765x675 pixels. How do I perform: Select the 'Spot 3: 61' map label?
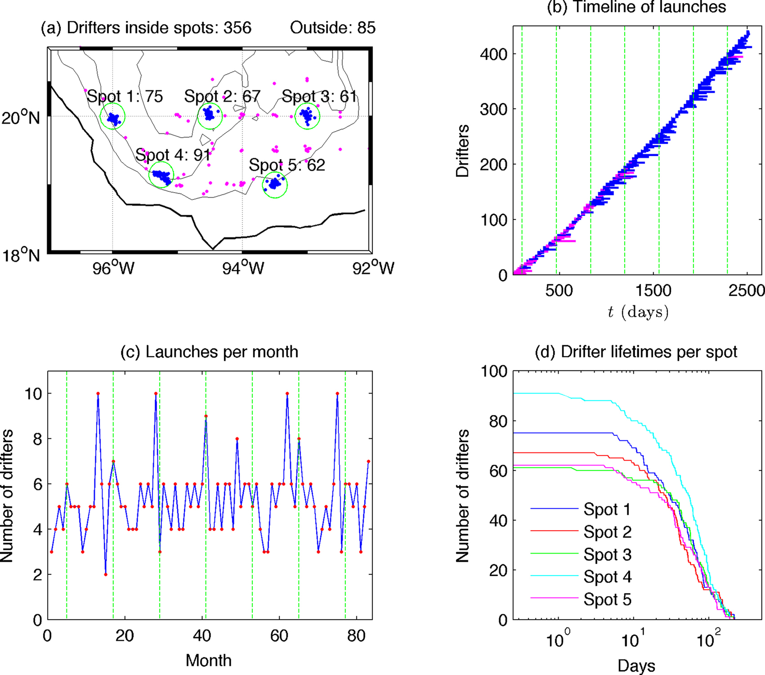[319, 97]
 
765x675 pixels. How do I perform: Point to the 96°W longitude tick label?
[113, 268]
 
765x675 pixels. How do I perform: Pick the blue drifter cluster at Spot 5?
[274, 183]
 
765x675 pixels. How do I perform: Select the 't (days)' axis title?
[638, 311]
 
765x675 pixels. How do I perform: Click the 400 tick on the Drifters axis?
[493, 54]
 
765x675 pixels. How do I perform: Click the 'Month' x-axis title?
[209, 661]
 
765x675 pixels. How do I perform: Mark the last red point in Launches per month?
[368, 461]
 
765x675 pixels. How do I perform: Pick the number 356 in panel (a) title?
[237, 28]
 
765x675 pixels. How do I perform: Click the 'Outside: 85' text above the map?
[332, 28]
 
